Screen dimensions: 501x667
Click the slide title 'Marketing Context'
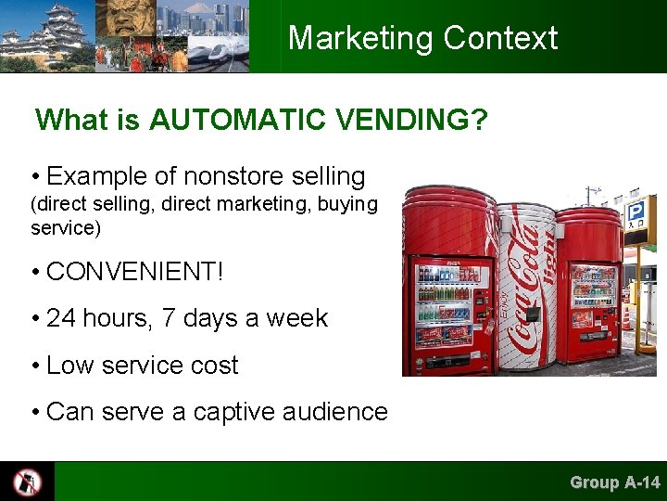tap(422, 38)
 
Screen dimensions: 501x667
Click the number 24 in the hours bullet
tap(60, 318)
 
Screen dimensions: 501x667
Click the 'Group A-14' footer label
tap(615, 482)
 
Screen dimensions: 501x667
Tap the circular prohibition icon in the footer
tap(27, 482)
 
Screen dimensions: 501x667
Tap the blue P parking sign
tap(635, 213)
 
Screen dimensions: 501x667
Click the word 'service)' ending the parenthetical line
tap(65, 226)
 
